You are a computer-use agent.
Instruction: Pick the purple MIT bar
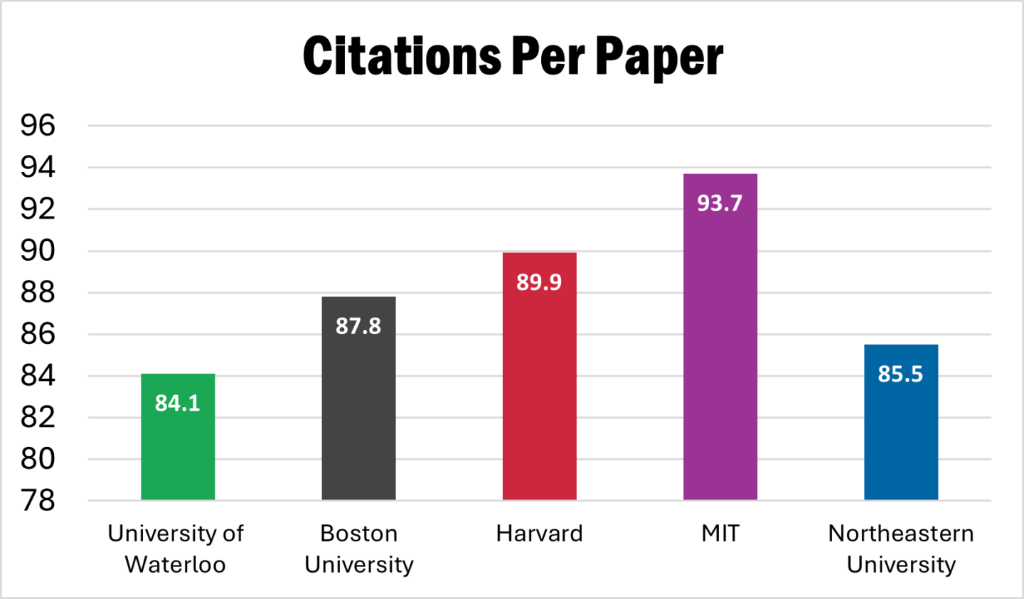[720, 355]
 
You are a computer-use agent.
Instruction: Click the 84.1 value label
[178, 403]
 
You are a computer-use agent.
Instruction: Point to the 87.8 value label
[358, 326]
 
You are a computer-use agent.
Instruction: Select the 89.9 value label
[539, 282]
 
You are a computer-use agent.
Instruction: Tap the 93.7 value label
[720, 203]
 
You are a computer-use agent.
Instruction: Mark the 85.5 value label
[900, 374]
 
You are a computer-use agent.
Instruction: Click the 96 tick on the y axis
[38, 126]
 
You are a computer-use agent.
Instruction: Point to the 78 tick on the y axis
[38, 501]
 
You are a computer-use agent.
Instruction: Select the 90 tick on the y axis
[38, 251]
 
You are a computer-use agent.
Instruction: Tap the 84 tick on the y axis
[38, 376]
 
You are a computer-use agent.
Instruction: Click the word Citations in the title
[402, 56]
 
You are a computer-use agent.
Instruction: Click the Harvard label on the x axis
[539, 534]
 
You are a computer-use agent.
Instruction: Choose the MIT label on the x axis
[720, 534]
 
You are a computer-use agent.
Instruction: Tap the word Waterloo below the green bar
[175, 565]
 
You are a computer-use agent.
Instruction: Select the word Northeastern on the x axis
[900, 534]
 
